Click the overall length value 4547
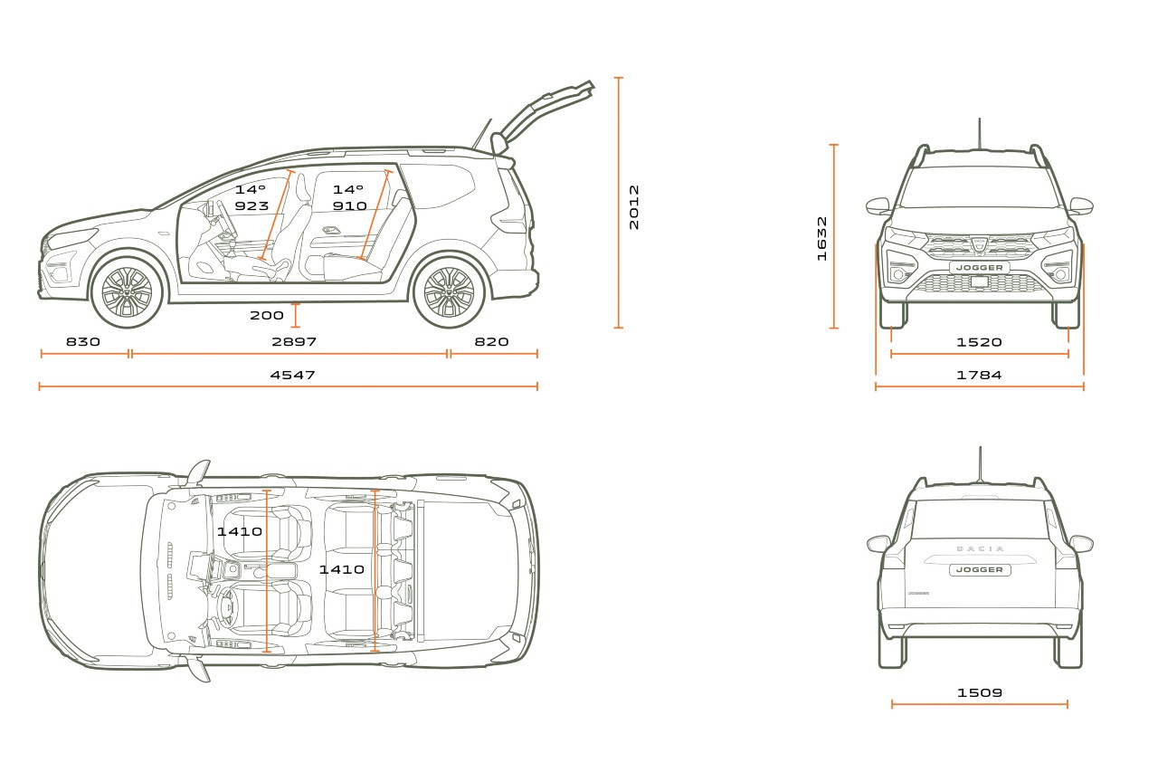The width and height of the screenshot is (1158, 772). [292, 375]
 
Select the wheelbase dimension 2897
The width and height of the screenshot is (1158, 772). [294, 342]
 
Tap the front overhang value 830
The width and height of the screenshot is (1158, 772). [83, 342]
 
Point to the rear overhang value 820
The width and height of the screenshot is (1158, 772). [491, 342]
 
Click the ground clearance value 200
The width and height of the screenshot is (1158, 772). [267, 316]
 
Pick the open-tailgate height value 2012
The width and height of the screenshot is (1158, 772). [634, 207]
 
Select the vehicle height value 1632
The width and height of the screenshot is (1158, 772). [822, 238]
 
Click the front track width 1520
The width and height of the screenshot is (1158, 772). [979, 342]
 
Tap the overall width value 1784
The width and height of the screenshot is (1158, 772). [979, 375]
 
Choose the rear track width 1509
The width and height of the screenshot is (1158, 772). [980, 693]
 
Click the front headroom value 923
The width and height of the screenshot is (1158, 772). [252, 205]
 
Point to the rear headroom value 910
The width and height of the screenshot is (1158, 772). [349, 205]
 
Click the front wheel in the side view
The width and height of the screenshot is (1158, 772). [128, 292]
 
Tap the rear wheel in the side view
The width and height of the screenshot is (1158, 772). [449, 292]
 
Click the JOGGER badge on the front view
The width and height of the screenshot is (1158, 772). [980, 267]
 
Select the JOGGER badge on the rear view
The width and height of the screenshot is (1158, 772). [980, 570]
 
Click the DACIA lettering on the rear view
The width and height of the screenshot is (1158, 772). [980, 548]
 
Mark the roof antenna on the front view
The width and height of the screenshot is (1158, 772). [979, 134]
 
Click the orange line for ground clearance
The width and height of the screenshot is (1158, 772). [296, 316]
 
